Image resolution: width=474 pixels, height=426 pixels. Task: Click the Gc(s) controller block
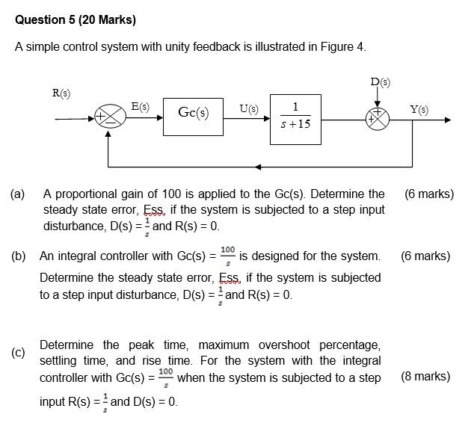[x=193, y=114]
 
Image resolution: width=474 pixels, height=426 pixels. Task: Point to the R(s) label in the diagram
[x=61, y=93]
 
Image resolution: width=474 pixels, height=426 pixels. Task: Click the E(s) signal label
[x=140, y=107]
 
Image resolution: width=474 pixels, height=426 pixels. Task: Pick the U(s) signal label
[x=248, y=109]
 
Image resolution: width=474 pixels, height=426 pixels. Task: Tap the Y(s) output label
[x=419, y=110]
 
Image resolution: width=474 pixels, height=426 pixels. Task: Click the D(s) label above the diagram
[x=380, y=81]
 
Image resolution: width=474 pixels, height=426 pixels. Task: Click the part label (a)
[x=17, y=194]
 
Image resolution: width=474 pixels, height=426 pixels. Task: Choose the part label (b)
[x=19, y=256]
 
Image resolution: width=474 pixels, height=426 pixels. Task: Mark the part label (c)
[x=18, y=352]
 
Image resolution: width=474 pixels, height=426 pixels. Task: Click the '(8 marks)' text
[x=425, y=376]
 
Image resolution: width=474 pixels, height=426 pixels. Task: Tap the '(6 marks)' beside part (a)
[x=428, y=194]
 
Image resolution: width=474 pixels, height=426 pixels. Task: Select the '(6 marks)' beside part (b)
[x=425, y=256]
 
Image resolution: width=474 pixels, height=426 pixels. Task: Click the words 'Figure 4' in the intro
[x=342, y=47]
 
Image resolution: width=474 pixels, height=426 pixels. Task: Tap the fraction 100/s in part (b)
[x=228, y=255]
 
